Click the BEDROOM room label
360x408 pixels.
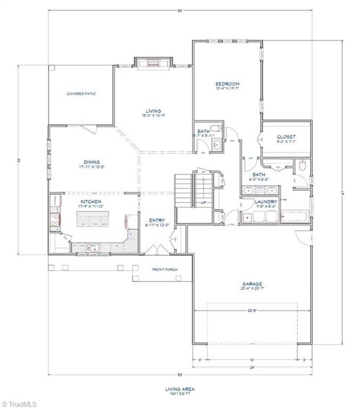pos(227,84)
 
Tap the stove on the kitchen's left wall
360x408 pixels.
pos(55,221)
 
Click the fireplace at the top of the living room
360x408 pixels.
pos(153,63)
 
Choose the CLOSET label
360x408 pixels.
pos(286,137)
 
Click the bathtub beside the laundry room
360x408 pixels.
pos(295,217)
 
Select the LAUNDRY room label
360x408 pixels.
pos(266,202)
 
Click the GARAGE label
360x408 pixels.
pos(252,283)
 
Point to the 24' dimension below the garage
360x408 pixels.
pos(252,368)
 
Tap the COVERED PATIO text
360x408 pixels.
pos(81,94)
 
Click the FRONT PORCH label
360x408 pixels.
pos(165,269)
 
